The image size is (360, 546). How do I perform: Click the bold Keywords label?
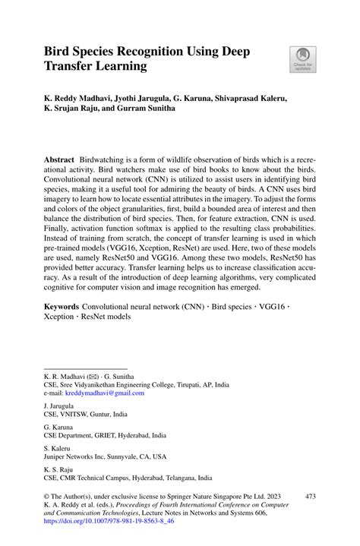pyautogui.click(x=62, y=311)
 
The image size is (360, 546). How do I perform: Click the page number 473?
pyautogui.click(x=310, y=495)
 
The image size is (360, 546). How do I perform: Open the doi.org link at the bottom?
pyautogui.click(x=109, y=522)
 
